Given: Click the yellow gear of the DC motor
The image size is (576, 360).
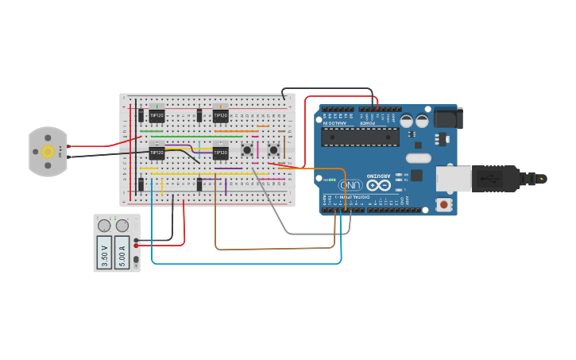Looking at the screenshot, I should point(48,151).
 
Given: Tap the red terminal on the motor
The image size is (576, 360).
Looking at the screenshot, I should point(69,146).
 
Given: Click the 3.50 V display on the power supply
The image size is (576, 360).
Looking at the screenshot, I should point(104,255).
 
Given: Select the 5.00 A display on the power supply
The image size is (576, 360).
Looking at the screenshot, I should point(122,255).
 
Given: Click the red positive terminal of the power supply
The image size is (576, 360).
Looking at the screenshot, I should point(137,246).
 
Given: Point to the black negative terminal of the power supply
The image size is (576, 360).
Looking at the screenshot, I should point(137,239).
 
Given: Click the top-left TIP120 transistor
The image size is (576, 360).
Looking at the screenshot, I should point(157,115).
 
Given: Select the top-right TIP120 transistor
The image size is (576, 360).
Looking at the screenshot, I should point(220,115).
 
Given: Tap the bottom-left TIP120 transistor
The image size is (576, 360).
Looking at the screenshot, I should point(157,153).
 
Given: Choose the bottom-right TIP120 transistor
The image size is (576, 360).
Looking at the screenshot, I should point(220,153).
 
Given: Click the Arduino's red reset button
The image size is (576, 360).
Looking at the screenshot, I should point(443,204).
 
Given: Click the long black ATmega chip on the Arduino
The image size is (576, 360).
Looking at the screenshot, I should point(360,136).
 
